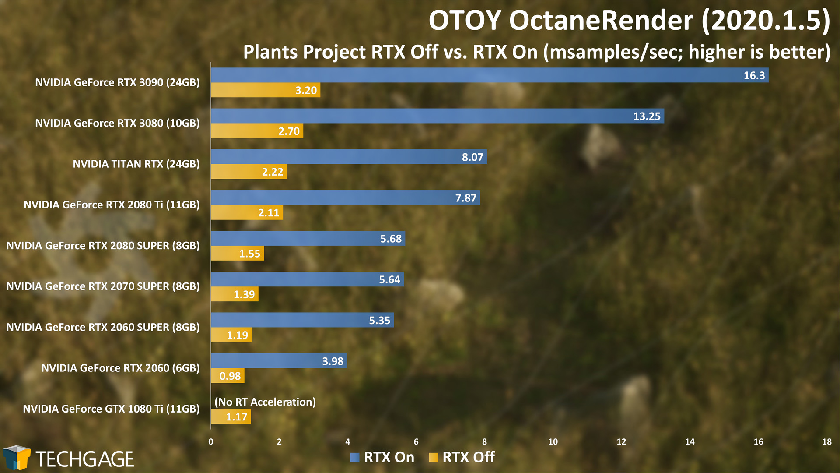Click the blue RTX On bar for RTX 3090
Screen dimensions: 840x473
tap(490, 75)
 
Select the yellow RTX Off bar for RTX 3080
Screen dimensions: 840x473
tap(257, 131)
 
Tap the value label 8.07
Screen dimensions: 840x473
tap(472, 157)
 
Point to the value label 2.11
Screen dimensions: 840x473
tap(269, 213)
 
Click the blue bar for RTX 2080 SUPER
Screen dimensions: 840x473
tap(308, 238)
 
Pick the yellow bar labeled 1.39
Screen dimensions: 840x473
tap(234, 294)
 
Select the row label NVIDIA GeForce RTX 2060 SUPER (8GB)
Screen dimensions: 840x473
tap(103, 327)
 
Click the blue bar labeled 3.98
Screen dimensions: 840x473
tap(279, 361)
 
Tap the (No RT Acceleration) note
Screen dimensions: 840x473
tap(265, 402)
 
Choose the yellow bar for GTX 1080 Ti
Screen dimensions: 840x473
tap(231, 417)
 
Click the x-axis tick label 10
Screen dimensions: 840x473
tap(553, 441)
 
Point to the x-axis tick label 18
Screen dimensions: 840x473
tap(827, 441)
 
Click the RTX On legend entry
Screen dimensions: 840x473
tap(382, 457)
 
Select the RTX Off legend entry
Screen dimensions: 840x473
tap(462, 457)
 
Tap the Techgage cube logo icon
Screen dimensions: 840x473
tap(17, 458)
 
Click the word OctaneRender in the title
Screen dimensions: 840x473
tap(601, 21)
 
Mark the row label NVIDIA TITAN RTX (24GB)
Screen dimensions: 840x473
tap(136, 164)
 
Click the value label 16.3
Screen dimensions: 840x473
tap(754, 75)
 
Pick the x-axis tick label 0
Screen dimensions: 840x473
tap(211, 441)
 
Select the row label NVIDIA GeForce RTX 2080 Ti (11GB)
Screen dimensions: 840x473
tap(112, 205)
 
